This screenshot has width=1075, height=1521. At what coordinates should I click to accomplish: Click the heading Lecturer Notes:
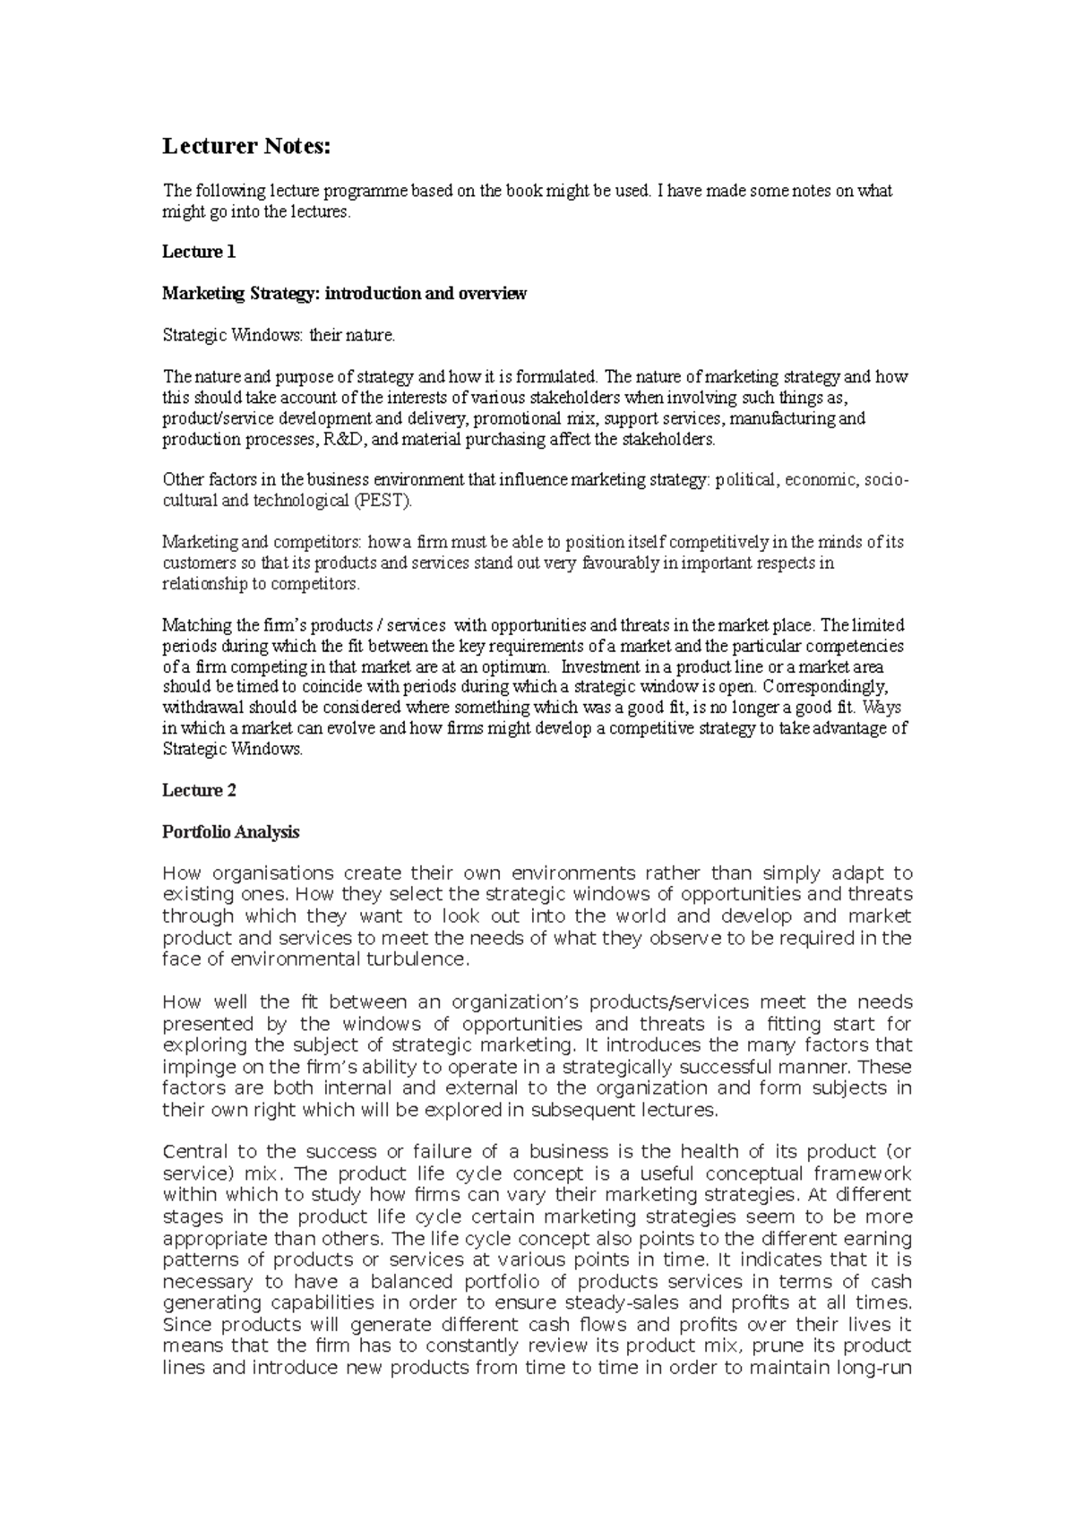click(x=246, y=146)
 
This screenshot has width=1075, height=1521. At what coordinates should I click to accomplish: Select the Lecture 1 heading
click(x=198, y=252)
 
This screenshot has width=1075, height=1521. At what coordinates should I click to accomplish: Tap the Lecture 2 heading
click(x=199, y=790)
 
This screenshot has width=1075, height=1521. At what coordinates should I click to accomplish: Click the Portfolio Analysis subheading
click(x=230, y=832)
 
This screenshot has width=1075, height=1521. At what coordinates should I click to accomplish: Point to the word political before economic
click(x=745, y=480)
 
